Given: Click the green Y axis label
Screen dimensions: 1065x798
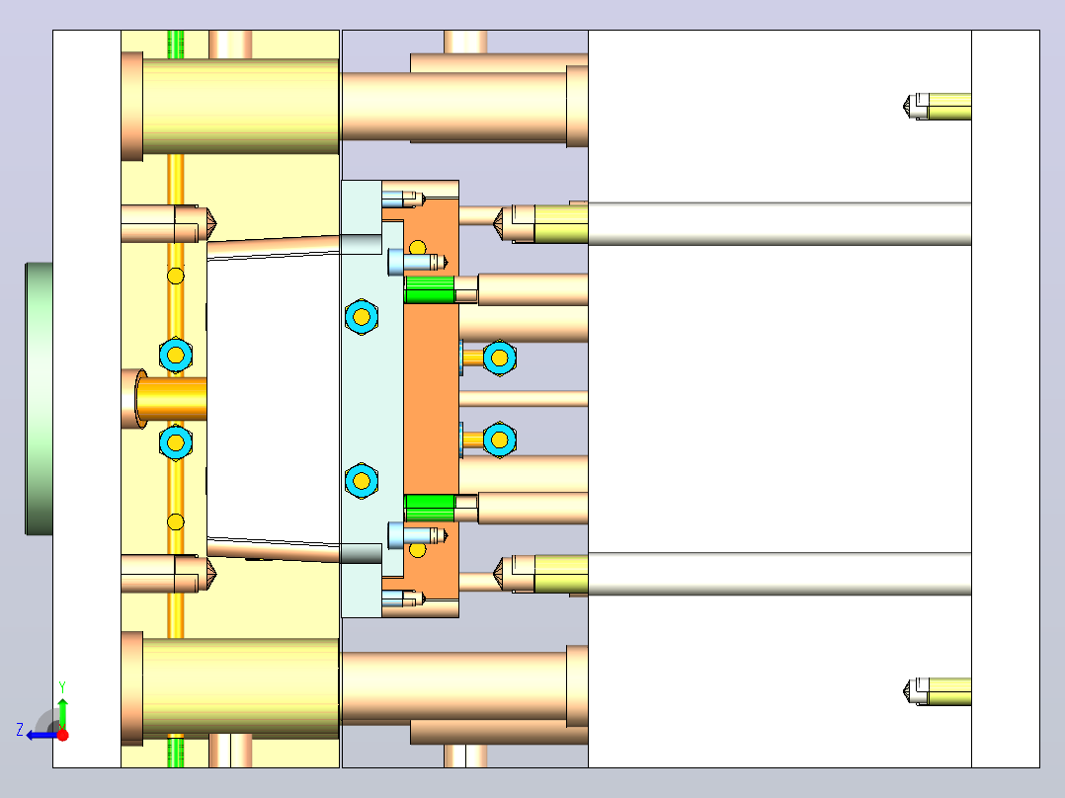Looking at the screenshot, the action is [62, 686].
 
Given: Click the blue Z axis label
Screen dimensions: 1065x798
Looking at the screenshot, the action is [20, 730].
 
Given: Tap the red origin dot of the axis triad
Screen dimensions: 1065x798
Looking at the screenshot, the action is [62, 735].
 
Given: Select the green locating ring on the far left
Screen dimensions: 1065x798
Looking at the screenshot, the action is [39, 399].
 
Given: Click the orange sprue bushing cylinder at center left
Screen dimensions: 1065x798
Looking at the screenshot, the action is [171, 399].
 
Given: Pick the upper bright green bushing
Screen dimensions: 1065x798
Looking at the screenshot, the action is [430, 289].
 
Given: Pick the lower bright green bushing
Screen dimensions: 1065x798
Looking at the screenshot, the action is [430, 508].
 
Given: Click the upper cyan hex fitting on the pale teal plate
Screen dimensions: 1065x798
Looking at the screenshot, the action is [362, 316].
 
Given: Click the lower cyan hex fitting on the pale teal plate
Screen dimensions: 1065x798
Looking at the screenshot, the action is [362, 481].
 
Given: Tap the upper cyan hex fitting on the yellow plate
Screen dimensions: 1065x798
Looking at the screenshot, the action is [176, 356].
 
